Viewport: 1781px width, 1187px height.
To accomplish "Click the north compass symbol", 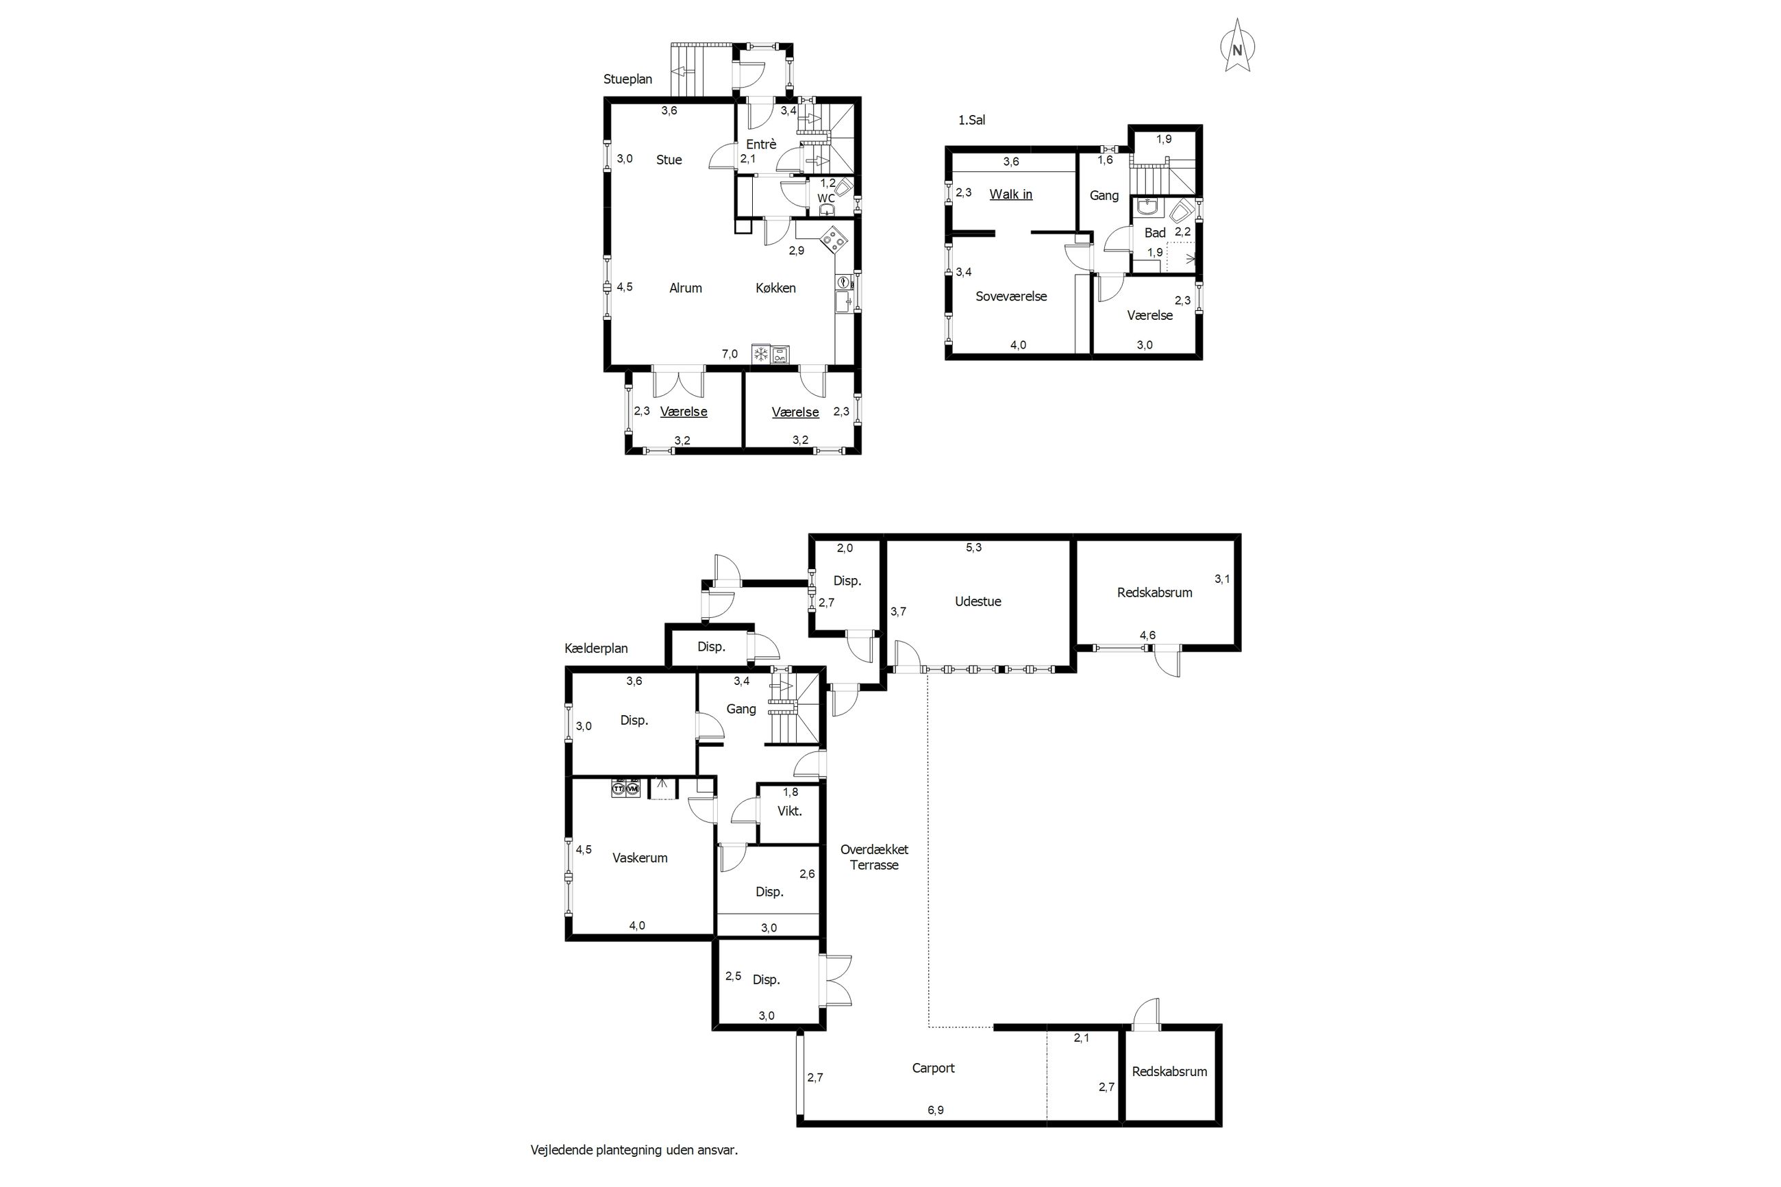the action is tap(1237, 47).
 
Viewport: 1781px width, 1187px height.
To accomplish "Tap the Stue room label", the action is tap(669, 160).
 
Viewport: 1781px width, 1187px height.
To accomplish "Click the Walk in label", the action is tap(1010, 195).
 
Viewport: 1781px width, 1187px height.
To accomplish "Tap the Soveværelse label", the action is tap(1011, 296).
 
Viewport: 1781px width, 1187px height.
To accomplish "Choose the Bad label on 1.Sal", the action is tap(1154, 233).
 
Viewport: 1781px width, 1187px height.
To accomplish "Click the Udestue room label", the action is tap(978, 602).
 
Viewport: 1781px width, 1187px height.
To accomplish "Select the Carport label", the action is tap(933, 1068).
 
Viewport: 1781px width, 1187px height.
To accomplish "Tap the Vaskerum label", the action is tap(640, 858).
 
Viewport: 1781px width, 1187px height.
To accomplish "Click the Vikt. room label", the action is tap(789, 811).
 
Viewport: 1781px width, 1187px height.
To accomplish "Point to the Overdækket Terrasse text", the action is tap(874, 858).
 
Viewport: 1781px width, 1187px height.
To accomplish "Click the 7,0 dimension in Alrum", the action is tap(730, 353).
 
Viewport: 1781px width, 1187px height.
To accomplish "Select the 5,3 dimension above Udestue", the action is tap(973, 547).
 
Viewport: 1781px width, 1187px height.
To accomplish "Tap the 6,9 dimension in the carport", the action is tap(936, 1110).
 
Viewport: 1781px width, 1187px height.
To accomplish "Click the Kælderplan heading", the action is tap(596, 649).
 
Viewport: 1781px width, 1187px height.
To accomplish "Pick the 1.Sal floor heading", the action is tap(972, 121).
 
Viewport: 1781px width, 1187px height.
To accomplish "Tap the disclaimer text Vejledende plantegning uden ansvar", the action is tap(634, 1150).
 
